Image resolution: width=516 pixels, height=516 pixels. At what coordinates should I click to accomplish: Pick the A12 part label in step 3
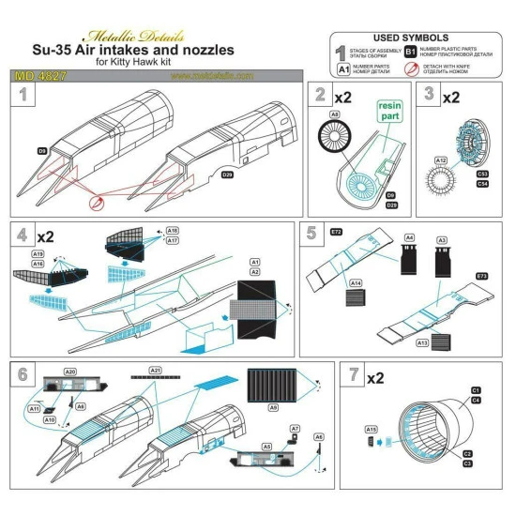point(416,160)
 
